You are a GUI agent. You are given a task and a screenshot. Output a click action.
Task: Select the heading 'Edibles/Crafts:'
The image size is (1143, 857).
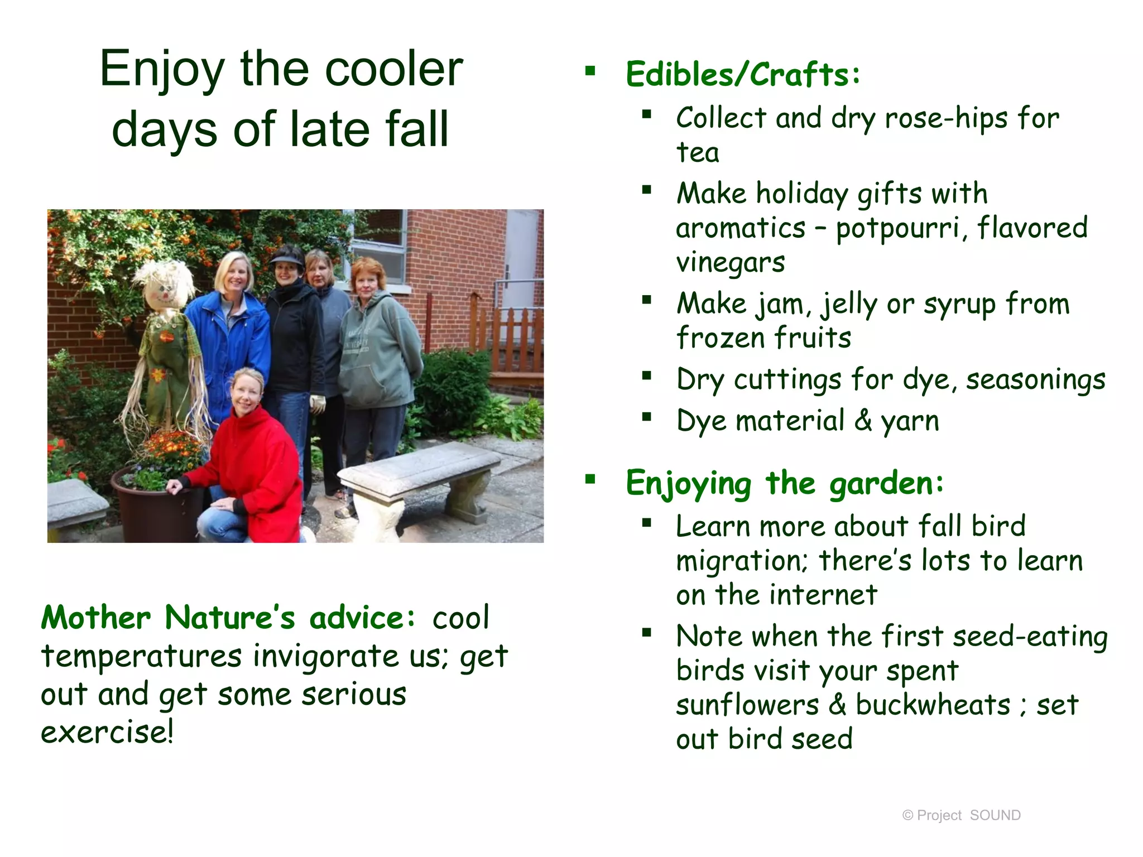pyautogui.click(x=742, y=75)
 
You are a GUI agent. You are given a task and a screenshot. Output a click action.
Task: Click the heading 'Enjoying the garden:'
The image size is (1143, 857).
pyautogui.click(x=784, y=483)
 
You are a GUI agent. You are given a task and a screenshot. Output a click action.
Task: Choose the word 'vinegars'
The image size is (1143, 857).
pyautogui.click(x=731, y=262)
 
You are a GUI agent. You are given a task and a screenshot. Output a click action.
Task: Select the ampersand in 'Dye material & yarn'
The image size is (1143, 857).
pyautogui.click(x=863, y=421)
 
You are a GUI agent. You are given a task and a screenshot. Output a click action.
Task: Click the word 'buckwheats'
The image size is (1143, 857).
pyautogui.click(x=933, y=705)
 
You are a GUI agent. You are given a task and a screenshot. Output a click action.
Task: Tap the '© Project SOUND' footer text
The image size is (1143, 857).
pyautogui.click(x=961, y=815)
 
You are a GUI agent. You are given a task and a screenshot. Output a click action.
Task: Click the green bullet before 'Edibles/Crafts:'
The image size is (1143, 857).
pyautogui.click(x=590, y=71)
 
